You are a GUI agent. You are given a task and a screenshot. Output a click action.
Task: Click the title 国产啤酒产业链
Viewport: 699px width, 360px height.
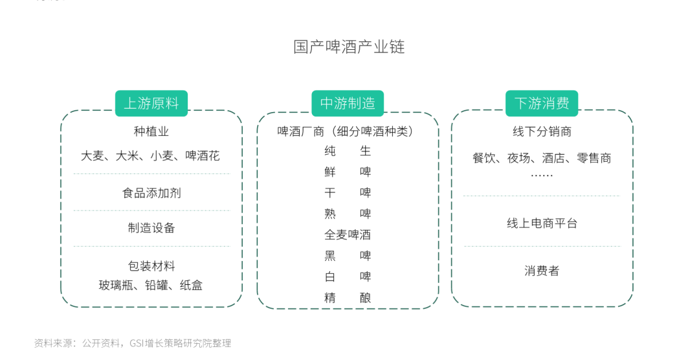pos(349,47)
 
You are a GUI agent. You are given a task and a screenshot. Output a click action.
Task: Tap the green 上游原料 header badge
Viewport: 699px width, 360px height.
pos(151,103)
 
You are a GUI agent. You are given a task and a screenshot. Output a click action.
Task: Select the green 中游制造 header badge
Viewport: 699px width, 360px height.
pos(348,103)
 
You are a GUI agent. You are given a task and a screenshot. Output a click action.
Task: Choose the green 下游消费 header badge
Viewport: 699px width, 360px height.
pos(542,103)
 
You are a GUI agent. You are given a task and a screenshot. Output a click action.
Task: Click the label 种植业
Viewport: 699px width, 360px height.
pos(151,131)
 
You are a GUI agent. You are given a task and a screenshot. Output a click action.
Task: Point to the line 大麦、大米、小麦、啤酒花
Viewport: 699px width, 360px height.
pos(150,155)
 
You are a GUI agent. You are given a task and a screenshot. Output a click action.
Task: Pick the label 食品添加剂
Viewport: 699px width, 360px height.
pos(151,193)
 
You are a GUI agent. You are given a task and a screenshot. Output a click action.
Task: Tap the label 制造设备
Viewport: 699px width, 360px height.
pos(151,228)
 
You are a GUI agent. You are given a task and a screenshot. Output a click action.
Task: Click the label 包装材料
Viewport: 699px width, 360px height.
pos(151,266)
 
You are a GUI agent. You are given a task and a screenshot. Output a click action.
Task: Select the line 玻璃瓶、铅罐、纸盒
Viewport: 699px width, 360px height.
pos(151,285)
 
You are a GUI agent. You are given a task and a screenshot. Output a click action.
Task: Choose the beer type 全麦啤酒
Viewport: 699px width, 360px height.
pos(348,234)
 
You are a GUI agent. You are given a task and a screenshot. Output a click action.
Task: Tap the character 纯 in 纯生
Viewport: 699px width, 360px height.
pos(330,152)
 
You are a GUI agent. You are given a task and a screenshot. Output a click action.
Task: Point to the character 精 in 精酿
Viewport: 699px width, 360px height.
pos(330,298)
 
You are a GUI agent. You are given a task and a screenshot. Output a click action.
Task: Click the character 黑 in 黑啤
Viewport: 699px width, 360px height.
pos(330,256)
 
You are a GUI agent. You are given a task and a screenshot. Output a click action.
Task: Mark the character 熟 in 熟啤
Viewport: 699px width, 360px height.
pos(330,214)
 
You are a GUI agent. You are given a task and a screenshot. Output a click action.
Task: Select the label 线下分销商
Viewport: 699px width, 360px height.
pos(542,131)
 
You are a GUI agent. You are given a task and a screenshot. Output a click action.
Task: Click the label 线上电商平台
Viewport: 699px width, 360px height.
pos(542,223)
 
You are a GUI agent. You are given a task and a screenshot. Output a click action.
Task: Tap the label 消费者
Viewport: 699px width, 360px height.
pos(542,271)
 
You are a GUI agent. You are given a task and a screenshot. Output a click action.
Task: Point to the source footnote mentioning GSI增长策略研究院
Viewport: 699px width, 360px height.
pos(133,343)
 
